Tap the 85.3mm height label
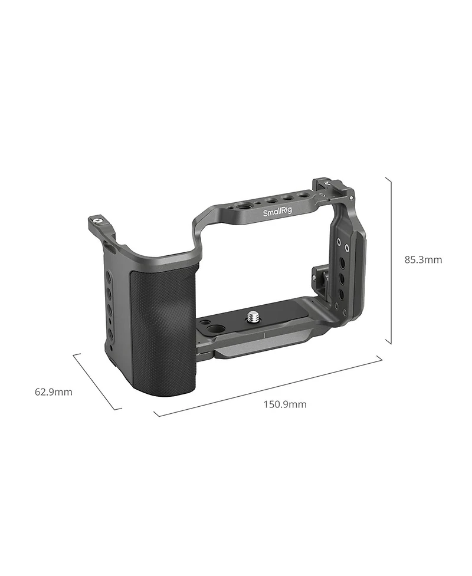[422, 259]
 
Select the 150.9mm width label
[286, 404]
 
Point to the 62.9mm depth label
[54, 391]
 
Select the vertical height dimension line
[389, 259]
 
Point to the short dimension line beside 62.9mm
[97, 381]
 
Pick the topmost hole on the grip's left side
[110, 278]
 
